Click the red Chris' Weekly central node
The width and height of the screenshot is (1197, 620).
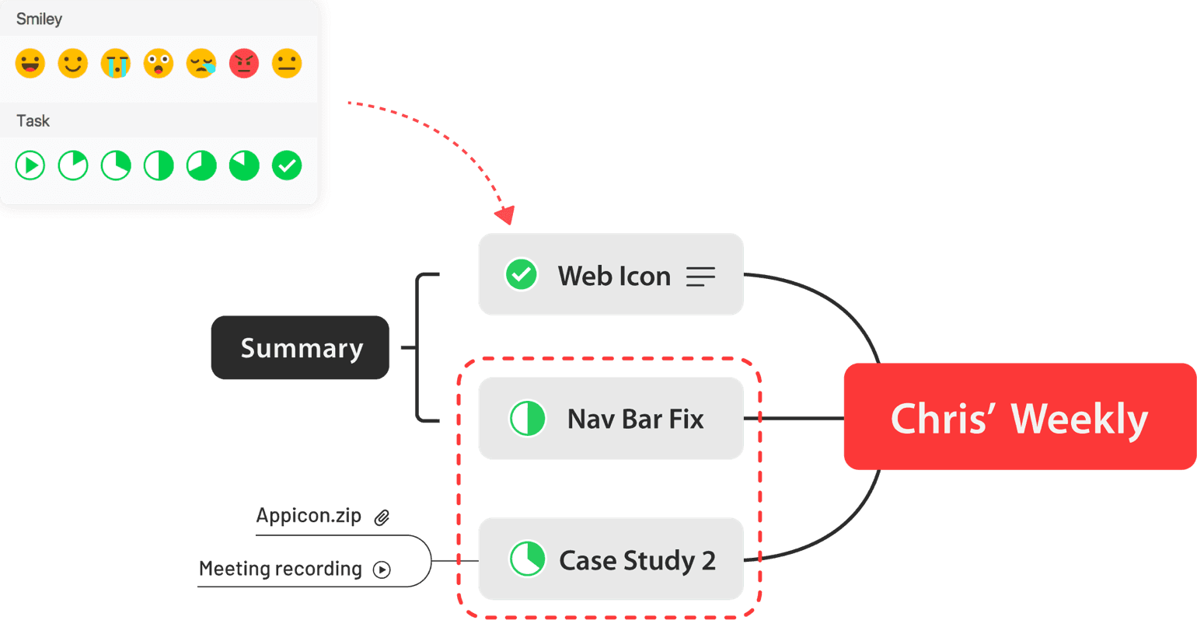coord(1019,417)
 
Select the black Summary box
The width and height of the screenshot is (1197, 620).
coord(300,348)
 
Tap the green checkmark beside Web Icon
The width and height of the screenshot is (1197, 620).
coord(521,274)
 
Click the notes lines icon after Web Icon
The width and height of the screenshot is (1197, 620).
coord(700,277)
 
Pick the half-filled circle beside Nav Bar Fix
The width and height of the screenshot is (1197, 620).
coord(527,419)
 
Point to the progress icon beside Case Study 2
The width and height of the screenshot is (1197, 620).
coord(527,559)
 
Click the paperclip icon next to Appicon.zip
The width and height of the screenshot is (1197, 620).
coord(382,517)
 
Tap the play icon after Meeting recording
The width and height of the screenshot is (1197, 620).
coord(382,569)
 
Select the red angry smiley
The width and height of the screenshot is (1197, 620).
coord(244,64)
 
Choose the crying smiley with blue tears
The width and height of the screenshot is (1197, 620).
coord(116,64)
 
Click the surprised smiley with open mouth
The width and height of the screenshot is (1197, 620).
coord(159,64)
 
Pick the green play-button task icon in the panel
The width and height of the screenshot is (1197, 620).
coord(30,165)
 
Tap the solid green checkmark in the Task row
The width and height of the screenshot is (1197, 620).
coord(287,165)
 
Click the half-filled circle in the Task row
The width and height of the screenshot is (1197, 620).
coord(159,165)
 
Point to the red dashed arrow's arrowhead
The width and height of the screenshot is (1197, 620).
coord(506,215)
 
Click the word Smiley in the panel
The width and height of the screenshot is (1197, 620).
coord(39,19)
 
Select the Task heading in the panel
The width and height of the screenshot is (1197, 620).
coord(33,120)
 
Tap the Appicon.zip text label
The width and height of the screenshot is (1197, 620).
coord(309,516)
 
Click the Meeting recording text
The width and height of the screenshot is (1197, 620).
coord(280,569)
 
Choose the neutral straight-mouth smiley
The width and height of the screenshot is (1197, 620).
coord(287,64)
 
